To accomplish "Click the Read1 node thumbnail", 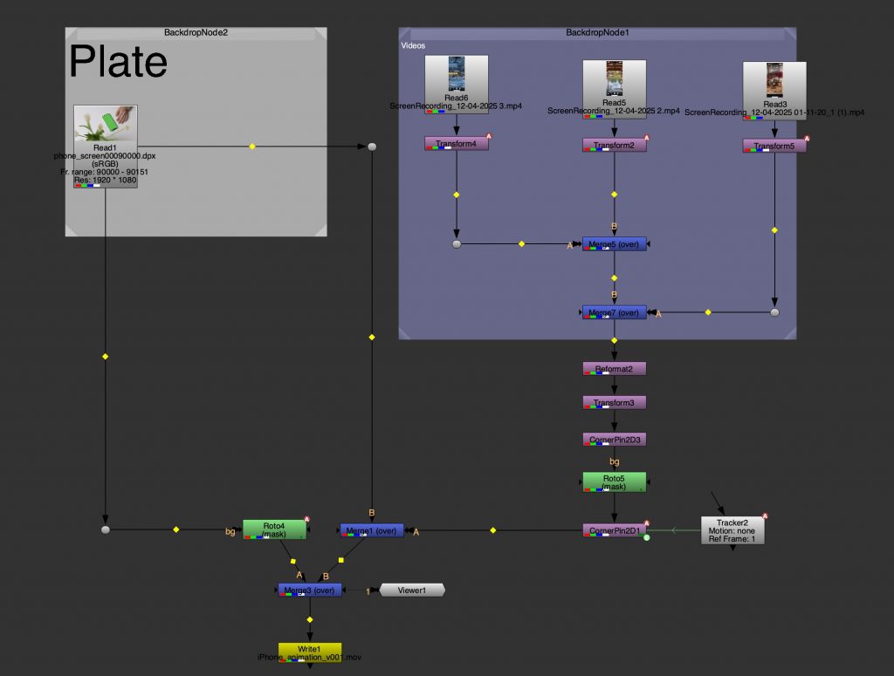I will (105, 123).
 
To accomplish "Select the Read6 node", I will (457, 79).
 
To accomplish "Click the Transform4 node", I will (456, 144).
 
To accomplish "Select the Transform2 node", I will (615, 145).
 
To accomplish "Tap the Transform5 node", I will (774, 146).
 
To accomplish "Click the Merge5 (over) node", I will (615, 244).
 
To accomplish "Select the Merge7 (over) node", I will (615, 312).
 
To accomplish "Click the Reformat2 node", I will (615, 369).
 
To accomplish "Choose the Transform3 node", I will (615, 403).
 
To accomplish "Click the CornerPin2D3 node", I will (615, 439).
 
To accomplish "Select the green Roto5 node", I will (615, 481).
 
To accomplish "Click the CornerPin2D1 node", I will (615, 530).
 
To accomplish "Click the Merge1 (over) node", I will (372, 530).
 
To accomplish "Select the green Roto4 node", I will (274, 529).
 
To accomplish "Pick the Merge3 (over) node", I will (310, 591).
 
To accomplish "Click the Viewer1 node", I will (411, 591).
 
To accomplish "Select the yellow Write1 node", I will (310, 652).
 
